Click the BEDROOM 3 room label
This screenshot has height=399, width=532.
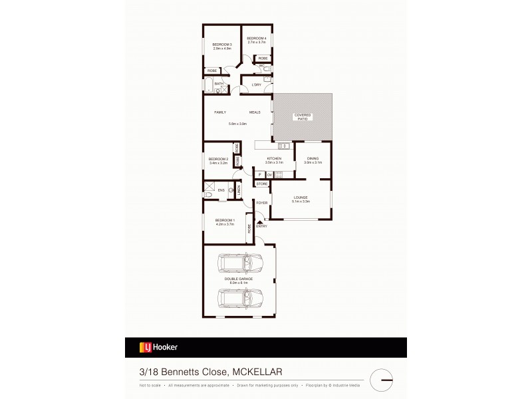click(222, 45)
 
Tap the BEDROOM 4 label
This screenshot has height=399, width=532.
click(257, 39)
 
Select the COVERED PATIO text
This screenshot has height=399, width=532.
click(303, 116)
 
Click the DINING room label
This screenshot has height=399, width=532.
click(313, 159)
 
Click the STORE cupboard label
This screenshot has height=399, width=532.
click(262, 184)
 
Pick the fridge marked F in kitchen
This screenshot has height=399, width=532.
click(260, 174)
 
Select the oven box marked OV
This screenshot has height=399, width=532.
click(270, 174)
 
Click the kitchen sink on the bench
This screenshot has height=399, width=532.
click(283, 146)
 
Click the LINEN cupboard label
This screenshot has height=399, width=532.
click(239, 192)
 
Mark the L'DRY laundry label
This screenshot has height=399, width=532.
click(256, 84)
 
